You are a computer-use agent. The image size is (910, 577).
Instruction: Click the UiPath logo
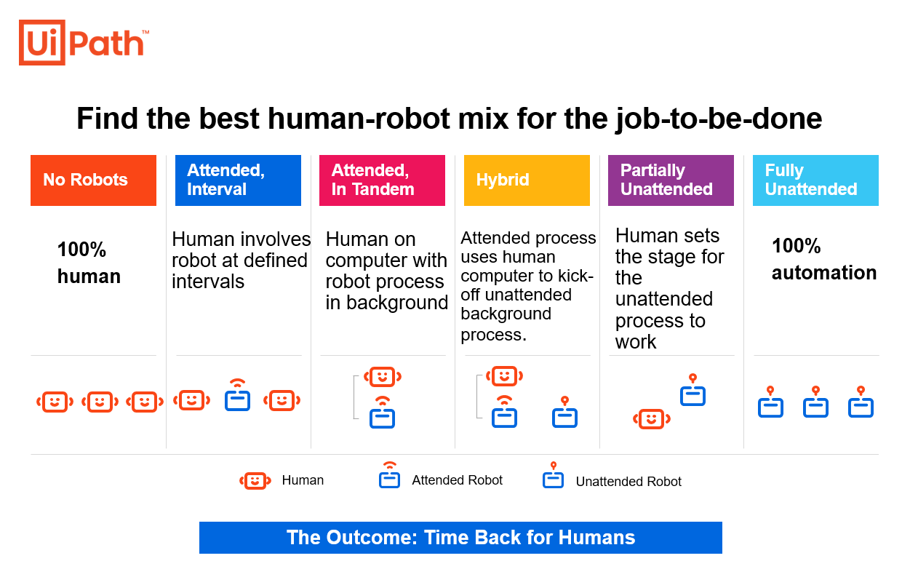pyautogui.click(x=84, y=43)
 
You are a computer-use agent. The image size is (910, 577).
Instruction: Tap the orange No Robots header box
pyautogui.click(x=93, y=180)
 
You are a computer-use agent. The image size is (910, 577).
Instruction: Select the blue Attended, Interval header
pyautogui.click(x=238, y=180)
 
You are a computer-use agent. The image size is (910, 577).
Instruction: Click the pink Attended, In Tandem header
pyautogui.click(x=383, y=180)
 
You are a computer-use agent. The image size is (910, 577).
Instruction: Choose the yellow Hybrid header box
pyautogui.click(x=527, y=180)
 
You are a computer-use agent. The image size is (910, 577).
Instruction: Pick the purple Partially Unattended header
pyautogui.click(x=671, y=180)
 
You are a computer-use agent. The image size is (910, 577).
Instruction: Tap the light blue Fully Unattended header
pyautogui.click(x=815, y=180)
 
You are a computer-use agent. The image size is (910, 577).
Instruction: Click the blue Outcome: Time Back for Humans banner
pyautogui.click(x=460, y=538)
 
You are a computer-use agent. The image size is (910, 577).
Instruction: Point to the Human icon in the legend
pyautogui.click(x=255, y=481)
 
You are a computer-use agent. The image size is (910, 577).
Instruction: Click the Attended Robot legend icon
pyautogui.click(x=389, y=475)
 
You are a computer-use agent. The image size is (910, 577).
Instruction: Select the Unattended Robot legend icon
pyautogui.click(x=554, y=475)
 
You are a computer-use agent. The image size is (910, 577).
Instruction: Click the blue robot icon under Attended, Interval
pyautogui.click(x=237, y=395)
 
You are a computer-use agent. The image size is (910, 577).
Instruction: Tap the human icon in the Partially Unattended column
pyautogui.click(x=652, y=419)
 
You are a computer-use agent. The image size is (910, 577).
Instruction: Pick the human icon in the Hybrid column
pyautogui.click(x=505, y=376)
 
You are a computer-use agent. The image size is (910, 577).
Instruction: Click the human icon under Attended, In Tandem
pyautogui.click(x=383, y=377)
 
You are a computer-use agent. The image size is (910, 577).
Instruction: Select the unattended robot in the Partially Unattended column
pyautogui.click(x=693, y=390)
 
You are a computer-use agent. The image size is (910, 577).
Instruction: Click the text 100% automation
pyautogui.click(x=824, y=259)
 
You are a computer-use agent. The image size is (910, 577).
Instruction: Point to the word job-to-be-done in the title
pyautogui.click(x=719, y=119)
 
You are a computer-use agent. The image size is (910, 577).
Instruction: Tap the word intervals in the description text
pyautogui.click(x=208, y=282)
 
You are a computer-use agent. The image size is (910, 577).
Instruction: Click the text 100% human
pyautogui.click(x=89, y=263)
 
